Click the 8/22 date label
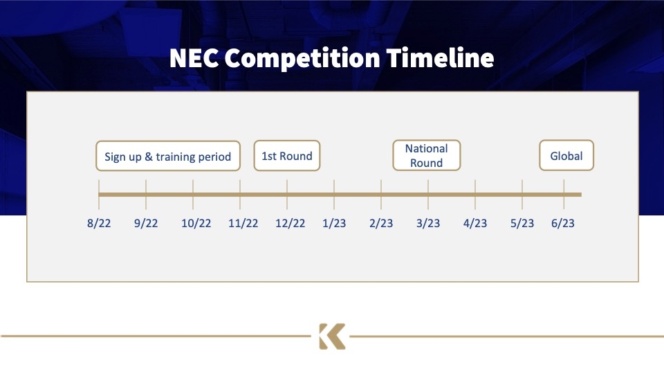(99, 223)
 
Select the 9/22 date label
(146, 223)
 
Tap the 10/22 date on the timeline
(196, 223)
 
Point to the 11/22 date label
(243, 223)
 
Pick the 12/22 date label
(290, 223)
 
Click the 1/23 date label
(334, 223)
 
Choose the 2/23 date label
(381, 223)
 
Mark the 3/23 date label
(428, 223)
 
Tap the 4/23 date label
(475, 223)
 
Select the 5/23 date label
(522, 223)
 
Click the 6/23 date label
(563, 223)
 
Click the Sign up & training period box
(168, 156)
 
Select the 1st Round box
(287, 156)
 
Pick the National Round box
(427, 156)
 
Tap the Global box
(566, 156)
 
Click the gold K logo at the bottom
(332, 337)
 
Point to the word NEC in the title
(194, 58)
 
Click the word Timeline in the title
(441, 58)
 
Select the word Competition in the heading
(302, 59)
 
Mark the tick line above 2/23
(381, 194)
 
